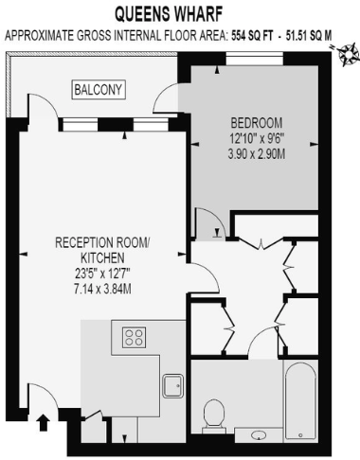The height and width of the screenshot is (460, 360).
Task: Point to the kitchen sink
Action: pos(172,387)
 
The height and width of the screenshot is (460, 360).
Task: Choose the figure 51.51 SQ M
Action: pos(313,35)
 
